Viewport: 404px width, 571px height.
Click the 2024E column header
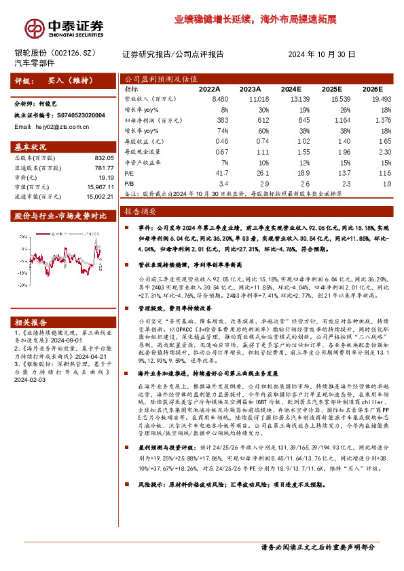point(290,89)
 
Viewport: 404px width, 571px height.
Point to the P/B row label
point(129,183)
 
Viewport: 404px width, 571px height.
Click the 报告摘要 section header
point(140,212)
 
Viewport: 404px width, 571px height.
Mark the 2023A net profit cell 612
point(252,119)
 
